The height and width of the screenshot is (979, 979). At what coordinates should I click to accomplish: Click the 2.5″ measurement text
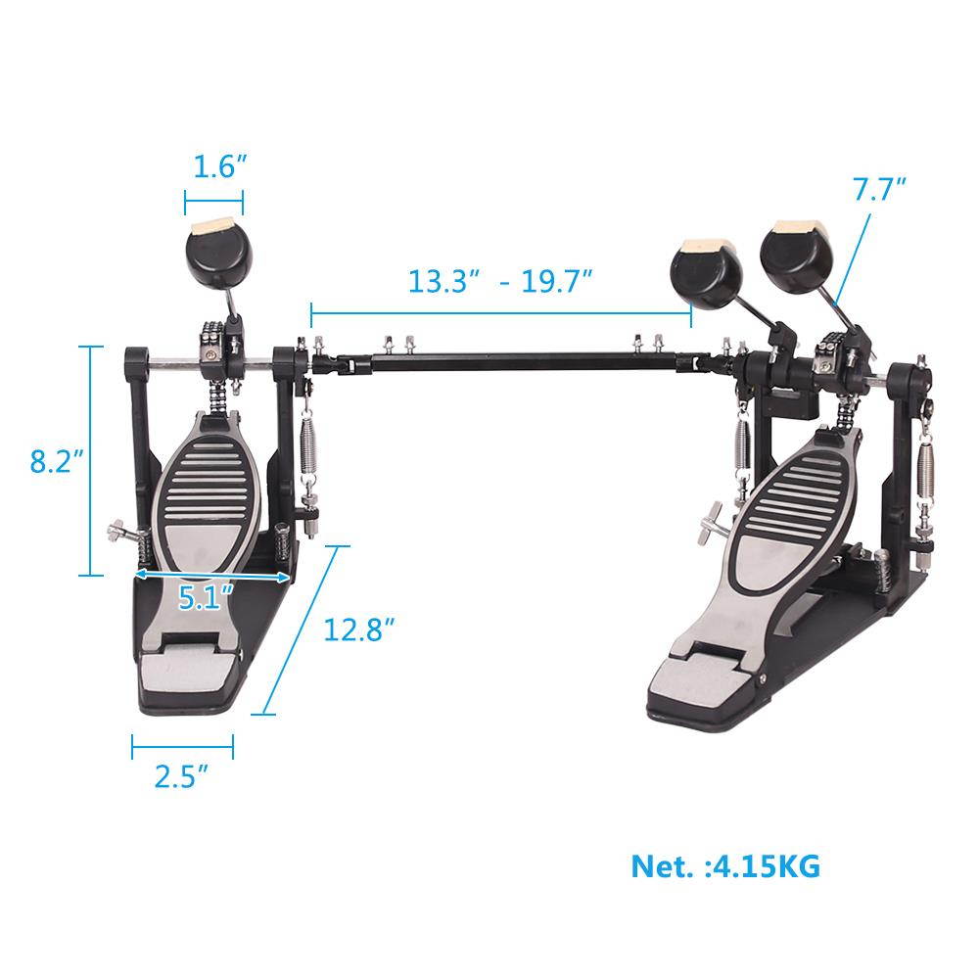tap(182, 778)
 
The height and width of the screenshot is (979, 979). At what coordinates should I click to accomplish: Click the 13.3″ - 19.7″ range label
tap(500, 281)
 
